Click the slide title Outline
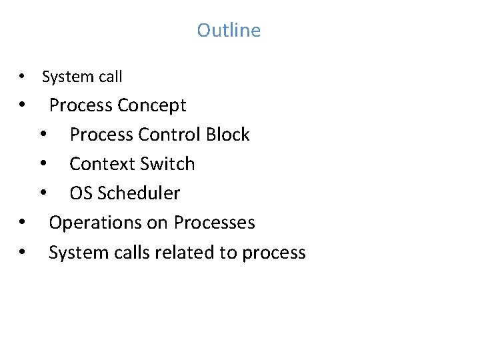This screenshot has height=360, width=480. coord(229,30)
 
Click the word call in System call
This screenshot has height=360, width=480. coord(110,77)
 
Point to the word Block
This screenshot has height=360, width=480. coord(227,135)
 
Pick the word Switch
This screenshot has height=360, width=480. coord(171,164)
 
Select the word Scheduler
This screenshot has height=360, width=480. coord(139,193)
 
